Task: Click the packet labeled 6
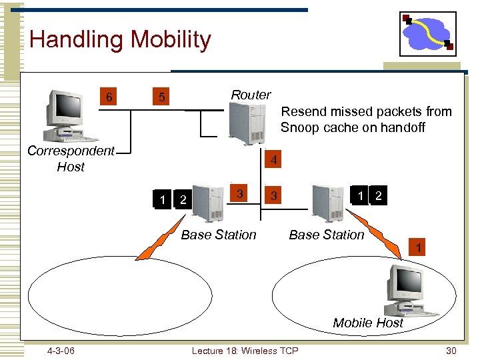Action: tap(109, 98)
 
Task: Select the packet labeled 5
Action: tap(161, 98)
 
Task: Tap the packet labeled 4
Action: tap(273, 161)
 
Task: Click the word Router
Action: tap(251, 95)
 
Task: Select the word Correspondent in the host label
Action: tap(71, 151)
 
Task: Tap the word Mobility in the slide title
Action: tap(171, 39)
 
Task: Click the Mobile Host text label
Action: tap(368, 323)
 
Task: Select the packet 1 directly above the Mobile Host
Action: tap(417, 249)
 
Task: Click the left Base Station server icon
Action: tap(207, 201)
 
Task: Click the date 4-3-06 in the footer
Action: tap(61, 351)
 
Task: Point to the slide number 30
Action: tap(451, 351)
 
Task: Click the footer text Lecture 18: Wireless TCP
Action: tap(245, 351)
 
